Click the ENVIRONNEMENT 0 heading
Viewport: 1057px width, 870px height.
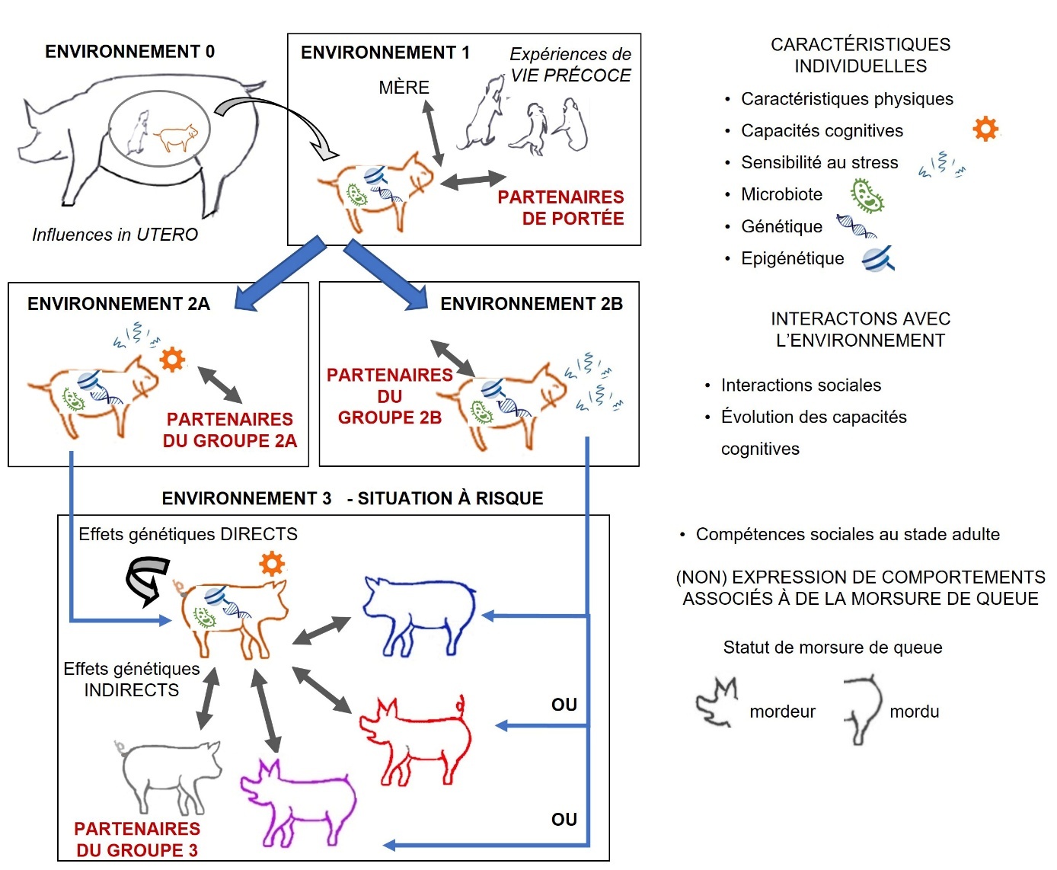[x=129, y=52]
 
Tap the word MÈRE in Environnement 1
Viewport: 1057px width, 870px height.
[x=404, y=88]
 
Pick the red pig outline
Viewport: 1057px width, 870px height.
[x=416, y=737]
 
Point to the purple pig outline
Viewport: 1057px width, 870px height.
[x=299, y=800]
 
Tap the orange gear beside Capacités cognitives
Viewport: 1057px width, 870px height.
[x=985, y=129]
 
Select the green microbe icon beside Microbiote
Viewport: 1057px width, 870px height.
[x=867, y=196]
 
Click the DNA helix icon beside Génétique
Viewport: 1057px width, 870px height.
[x=856, y=226]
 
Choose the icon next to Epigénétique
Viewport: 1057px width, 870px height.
[x=878, y=260]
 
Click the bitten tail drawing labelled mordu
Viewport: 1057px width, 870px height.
[x=864, y=706]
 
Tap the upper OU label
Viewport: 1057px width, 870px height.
[x=564, y=705]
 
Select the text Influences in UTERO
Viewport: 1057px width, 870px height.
[x=115, y=235]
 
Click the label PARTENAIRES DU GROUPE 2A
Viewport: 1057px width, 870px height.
[x=230, y=430]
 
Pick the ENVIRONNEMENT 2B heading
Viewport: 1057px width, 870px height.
[x=532, y=304]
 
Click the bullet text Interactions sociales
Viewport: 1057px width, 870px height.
[x=800, y=385]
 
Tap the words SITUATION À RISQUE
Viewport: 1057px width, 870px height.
[x=450, y=498]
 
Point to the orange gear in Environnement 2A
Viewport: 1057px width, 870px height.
[x=173, y=359]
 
